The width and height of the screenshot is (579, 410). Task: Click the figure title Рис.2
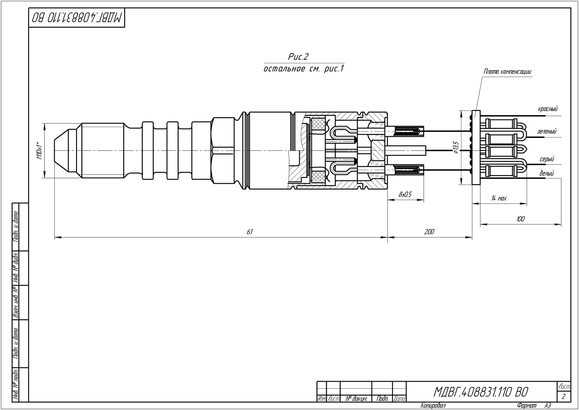(x=298, y=56)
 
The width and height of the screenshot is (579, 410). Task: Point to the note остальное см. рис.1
(x=304, y=69)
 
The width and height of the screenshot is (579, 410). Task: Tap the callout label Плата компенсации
(x=507, y=72)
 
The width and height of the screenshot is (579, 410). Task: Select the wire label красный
(x=548, y=109)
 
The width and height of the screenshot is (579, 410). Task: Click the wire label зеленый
(x=547, y=131)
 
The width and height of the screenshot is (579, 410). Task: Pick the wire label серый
(x=547, y=159)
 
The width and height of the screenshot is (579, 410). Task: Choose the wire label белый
(x=547, y=173)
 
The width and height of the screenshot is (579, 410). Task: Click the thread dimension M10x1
(x=39, y=151)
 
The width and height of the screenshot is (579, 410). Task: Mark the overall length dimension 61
(x=249, y=232)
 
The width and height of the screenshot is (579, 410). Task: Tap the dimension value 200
(x=429, y=232)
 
